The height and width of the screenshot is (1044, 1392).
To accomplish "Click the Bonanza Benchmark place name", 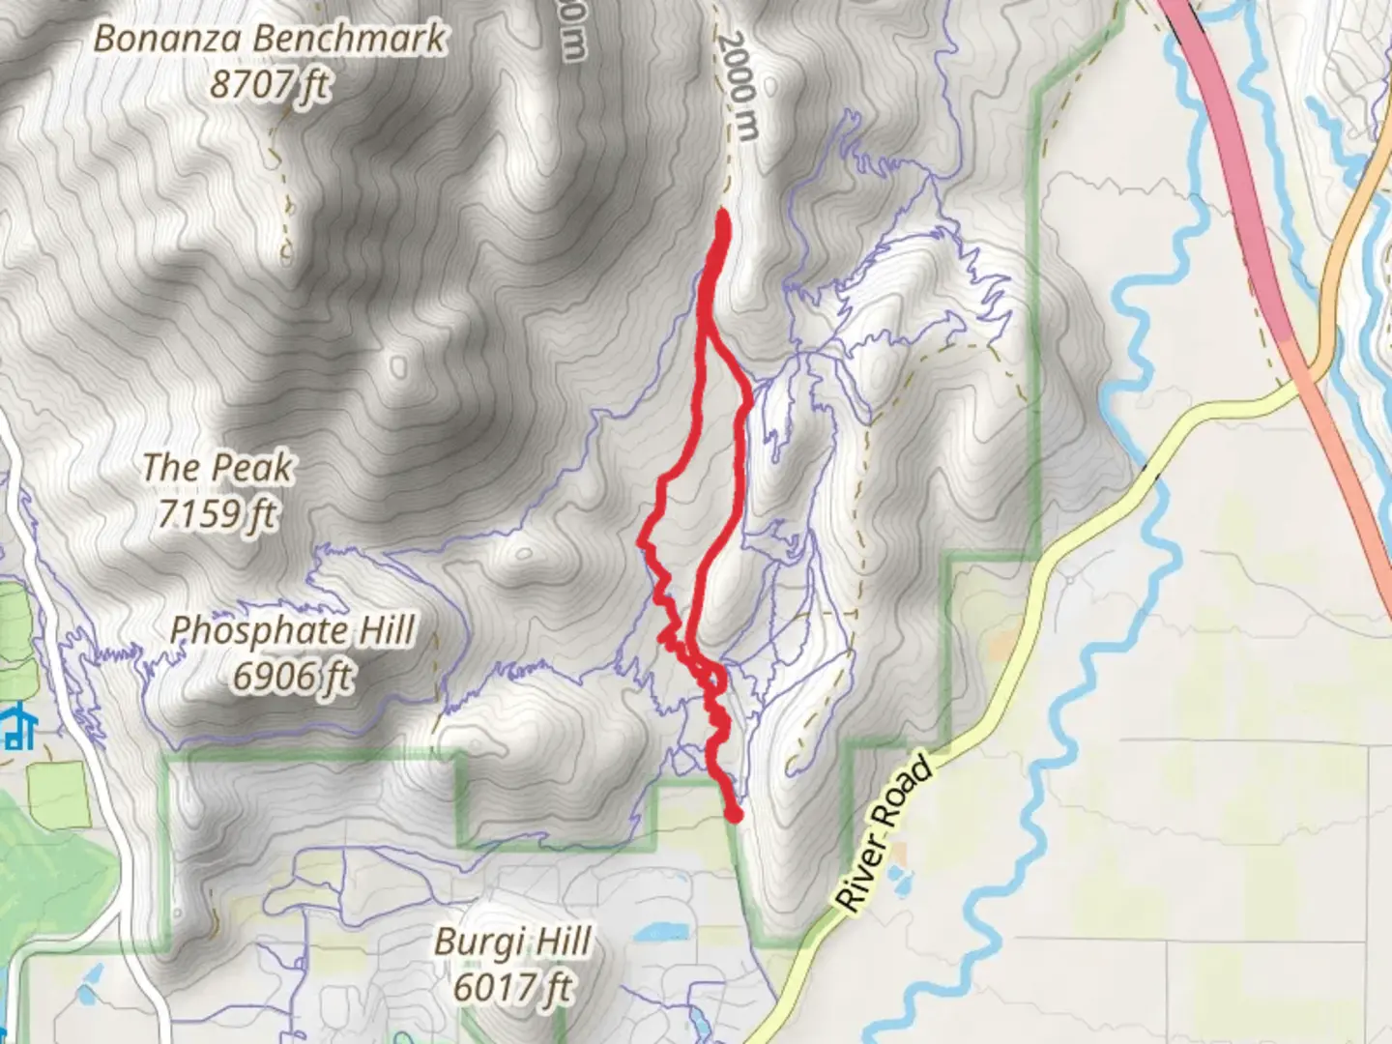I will tap(270, 40).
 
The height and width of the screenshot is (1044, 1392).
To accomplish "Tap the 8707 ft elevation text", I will tap(270, 86).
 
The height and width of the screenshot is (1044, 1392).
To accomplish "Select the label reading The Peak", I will tap(217, 468).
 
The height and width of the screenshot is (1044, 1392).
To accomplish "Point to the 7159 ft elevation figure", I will tap(217, 513).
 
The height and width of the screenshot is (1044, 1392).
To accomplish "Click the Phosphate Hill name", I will tap(293, 631).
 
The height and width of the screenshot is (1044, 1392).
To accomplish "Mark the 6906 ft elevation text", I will tap(293, 677).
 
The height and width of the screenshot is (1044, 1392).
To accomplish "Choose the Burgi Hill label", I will tap(512, 942).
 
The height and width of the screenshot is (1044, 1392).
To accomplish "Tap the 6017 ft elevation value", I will tap(512, 988).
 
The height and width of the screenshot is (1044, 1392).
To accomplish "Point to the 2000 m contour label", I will tap(737, 87).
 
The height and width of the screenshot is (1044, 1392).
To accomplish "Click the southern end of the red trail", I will tap(734, 815).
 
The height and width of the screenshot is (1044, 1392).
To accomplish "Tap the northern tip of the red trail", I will tap(722, 216).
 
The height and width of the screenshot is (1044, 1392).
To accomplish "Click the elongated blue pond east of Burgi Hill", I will tap(661, 932).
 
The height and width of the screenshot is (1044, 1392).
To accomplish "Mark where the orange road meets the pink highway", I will tap(1310, 372).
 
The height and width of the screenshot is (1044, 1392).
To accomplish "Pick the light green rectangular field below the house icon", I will tap(58, 793).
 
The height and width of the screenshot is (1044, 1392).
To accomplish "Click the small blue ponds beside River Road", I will tap(900, 879).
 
